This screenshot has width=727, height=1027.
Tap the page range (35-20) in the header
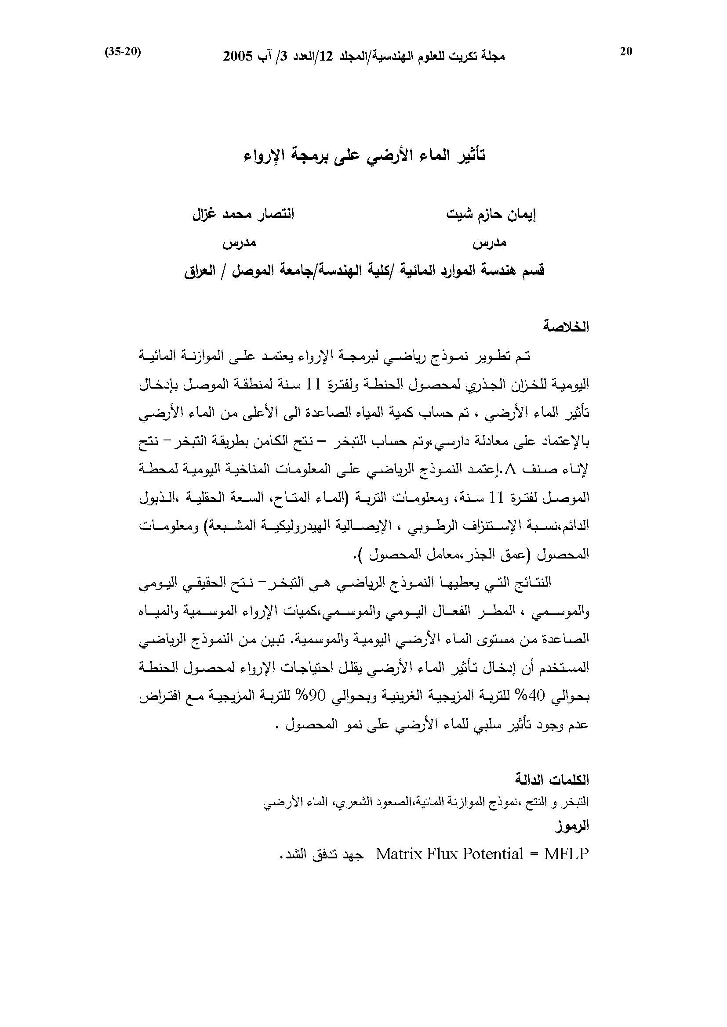[x=123, y=52]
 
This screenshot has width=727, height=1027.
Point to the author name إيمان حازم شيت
[x=491, y=215]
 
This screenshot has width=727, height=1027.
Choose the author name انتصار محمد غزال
[x=243, y=214]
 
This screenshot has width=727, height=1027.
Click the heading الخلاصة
[x=566, y=327]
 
